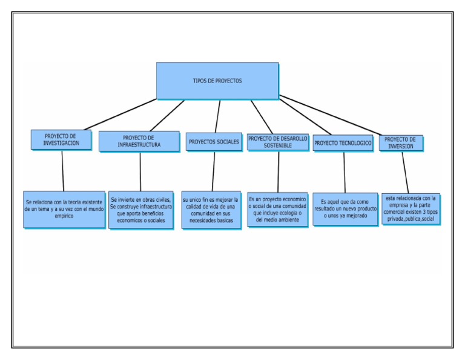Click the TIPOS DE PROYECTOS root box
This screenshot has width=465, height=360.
click(x=217, y=81)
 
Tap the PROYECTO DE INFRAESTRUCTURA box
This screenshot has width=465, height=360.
click(x=139, y=141)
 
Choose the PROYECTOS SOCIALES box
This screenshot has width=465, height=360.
click(x=214, y=142)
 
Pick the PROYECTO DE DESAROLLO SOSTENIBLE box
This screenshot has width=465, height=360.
click(x=278, y=142)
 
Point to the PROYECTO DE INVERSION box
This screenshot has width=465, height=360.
click(x=400, y=143)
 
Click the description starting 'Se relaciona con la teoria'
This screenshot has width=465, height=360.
click(x=64, y=208)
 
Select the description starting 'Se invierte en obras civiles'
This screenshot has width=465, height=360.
click(x=141, y=210)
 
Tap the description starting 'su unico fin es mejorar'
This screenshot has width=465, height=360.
click(x=211, y=210)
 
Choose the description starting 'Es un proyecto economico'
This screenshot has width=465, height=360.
click(x=277, y=209)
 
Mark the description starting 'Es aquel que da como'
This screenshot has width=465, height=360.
click(x=345, y=208)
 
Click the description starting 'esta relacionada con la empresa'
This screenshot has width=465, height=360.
click(x=411, y=208)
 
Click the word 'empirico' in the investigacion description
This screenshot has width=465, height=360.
click(x=64, y=216)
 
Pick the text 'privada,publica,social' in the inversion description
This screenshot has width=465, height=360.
click(x=411, y=219)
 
